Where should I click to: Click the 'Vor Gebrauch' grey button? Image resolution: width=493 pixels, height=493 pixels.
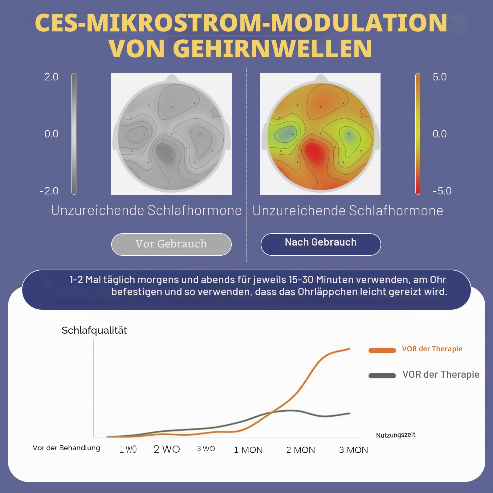pyautogui.click(x=171, y=244)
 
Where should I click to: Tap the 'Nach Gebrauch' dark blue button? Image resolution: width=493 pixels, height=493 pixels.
pyautogui.click(x=321, y=244)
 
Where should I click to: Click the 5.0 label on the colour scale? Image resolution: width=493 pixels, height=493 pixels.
pyautogui.click(x=439, y=77)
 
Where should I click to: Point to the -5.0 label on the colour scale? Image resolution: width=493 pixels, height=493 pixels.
pyautogui.click(x=442, y=191)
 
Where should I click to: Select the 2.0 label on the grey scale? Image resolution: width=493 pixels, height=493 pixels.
pyautogui.click(x=51, y=77)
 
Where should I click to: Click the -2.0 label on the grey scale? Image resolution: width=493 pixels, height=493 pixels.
pyautogui.click(x=49, y=191)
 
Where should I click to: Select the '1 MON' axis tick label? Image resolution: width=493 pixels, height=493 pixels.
pyautogui.click(x=248, y=450)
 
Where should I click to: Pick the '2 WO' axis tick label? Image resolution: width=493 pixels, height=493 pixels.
pyautogui.click(x=167, y=449)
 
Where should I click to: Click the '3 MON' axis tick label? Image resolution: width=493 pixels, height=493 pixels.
pyautogui.click(x=353, y=450)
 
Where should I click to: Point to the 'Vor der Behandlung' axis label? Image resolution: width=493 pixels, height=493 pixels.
pyautogui.click(x=66, y=448)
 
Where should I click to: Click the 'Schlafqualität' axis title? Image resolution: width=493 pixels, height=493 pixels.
pyautogui.click(x=94, y=330)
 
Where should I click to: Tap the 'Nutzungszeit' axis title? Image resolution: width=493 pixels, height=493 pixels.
pyautogui.click(x=396, y=435)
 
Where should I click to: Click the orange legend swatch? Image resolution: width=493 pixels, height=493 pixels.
pyautogui.click(x=382, y=350)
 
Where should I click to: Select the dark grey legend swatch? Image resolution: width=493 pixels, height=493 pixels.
pyautogui.click(x=382, y=376)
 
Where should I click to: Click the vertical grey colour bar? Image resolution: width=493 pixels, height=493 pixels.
pyautogui.click(x=74, y=134)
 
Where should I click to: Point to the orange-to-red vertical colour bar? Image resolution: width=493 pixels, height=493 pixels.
pyautogui.click(x=418, y=134)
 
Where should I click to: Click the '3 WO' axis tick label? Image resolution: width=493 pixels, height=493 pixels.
pyautogui.click(x=206, y=449)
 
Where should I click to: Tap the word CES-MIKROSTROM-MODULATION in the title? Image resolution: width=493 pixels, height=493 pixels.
pyautogui.click(x=241, y=22)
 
